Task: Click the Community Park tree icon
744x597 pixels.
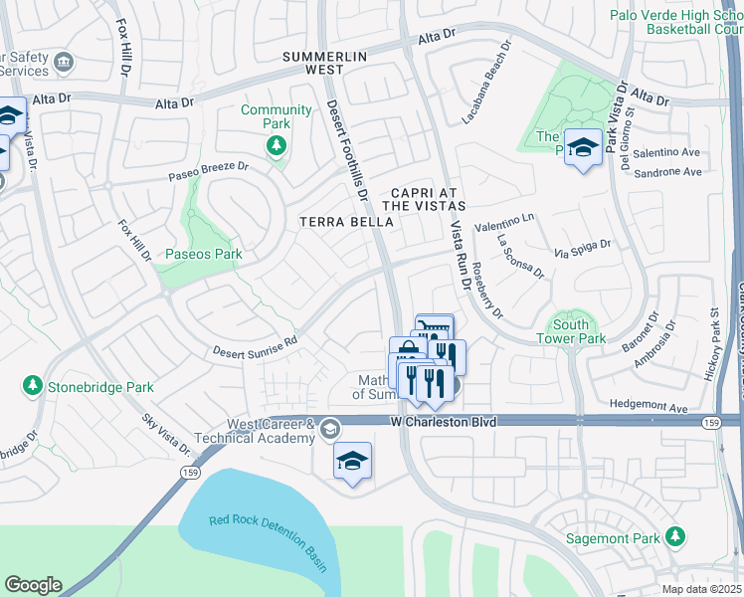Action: coord(276,147)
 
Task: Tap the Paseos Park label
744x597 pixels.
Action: coord(203,255)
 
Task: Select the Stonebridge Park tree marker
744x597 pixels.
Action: coord(33,385)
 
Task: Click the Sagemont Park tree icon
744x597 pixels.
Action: coord(676,537)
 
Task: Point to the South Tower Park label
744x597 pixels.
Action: coord(578,331)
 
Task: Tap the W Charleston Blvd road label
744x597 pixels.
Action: coord(443,423)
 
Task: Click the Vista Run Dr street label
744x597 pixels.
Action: coord(460,255)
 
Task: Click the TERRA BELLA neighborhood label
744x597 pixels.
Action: coord(346,222)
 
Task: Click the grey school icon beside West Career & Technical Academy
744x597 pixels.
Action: coord(329,428)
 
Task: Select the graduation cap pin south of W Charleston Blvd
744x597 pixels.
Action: coord(352,462)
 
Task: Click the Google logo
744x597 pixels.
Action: coord(33,585)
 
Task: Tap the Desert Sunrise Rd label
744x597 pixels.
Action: coord(255,346)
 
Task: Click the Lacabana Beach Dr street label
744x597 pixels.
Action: coord(486,83)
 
